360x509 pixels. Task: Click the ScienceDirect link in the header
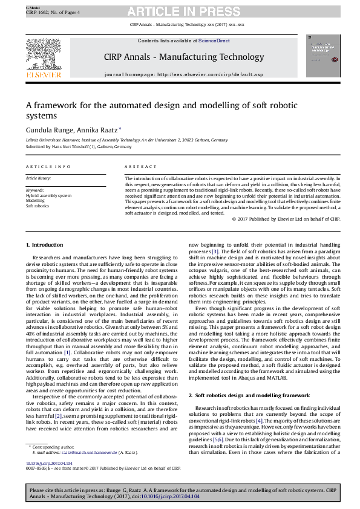[214, 41]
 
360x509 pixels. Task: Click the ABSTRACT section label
[136, 166]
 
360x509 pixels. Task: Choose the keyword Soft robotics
[38, 206]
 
